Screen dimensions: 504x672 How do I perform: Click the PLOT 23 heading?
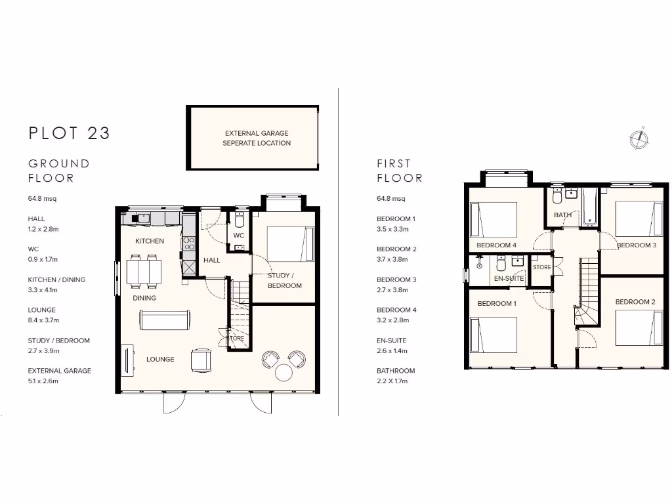(69, 133)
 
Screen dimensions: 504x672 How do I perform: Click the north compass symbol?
(639, 139)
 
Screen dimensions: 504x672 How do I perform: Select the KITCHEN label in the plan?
(150, 241)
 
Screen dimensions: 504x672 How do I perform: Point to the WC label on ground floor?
(239, 236)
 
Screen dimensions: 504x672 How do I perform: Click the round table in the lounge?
(284, 372)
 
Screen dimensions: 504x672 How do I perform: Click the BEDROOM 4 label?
(497, 245)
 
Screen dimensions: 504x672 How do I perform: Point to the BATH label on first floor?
(562, 215)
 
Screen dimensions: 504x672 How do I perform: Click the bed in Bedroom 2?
(638, 328)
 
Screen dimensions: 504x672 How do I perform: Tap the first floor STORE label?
(542, 268)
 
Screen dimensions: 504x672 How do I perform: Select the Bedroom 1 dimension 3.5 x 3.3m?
(392, 229)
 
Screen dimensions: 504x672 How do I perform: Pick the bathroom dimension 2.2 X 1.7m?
(392, 381)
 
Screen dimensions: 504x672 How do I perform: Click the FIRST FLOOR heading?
(399, 171)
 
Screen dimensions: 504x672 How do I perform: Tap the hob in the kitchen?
(189, 244)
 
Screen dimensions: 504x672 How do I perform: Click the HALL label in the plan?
(212, 260)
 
